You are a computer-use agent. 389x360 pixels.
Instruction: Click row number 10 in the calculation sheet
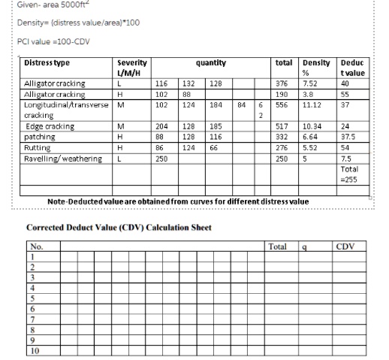(x=35, y=349)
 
